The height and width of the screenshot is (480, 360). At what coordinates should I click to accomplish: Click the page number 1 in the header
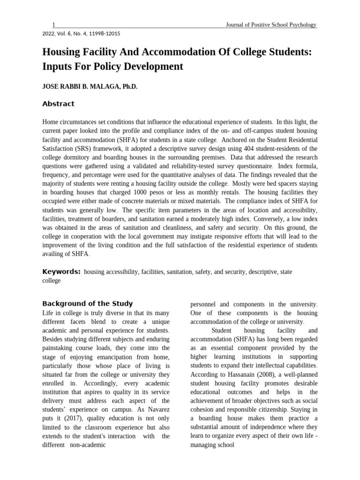click(x=54, y=25)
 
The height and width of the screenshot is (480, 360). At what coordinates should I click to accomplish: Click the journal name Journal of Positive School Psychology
click(x=271, y=25)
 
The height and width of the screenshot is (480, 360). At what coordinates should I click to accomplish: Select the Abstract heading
click(x=58, y=104)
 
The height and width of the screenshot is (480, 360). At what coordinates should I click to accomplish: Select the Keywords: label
click(x=61, y=271)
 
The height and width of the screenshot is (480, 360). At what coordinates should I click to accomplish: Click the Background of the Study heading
click(x=88, y=303)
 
